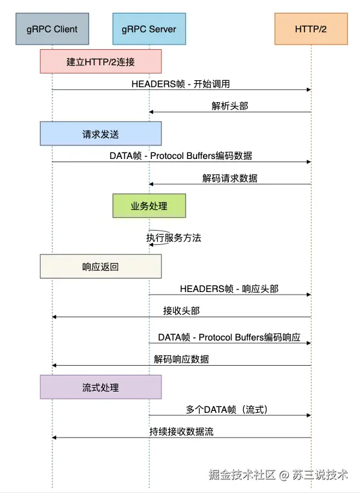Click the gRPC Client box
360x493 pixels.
pyautogui.click(x=52, y=29)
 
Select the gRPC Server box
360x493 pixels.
pyautogui.click(x=149, y=29)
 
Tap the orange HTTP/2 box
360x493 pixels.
pyautogui.click(x=311, y=29)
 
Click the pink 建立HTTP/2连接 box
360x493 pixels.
pyautogui.click(x=101, y=61)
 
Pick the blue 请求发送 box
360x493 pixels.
pyautogui.click(x=101, y=134)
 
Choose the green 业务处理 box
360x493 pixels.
pyautogui.click(x=149, y=205)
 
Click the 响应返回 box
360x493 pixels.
pyautogui.click(x=101, y=266)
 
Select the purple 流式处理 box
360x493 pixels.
pyautogui.click(x=101, y=387)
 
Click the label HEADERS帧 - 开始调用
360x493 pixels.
pyautogui.click(x=180, y=84)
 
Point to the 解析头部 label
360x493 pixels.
pyautogui.click(x=230, y=106)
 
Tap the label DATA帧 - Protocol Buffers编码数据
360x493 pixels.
pyautogui.click(x=181, y=156)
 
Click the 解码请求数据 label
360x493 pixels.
pyautogui.click(x=230, y=178)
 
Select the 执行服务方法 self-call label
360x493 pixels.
pyautogui.click(x=174, y=238)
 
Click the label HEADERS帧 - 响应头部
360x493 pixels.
pyautogui.click(x=229, y=289)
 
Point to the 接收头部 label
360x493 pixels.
pyautogui.click(x=182, y=311)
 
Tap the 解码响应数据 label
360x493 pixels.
pyautogui.click(x=182, y=359)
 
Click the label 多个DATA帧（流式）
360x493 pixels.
pyautogui.click(x=227, y=410)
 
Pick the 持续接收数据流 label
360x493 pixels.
pyautogui.click(x=182, y=432)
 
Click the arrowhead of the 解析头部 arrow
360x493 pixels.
pyautogui.click(x=151, y=112)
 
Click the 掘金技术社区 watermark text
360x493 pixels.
pyautogui.click(x=242, y=474)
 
